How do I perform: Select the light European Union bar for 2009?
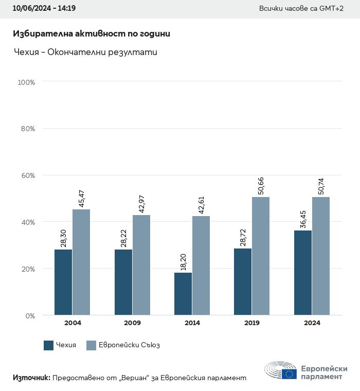tap(141, 265)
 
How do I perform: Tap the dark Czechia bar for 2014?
tap(183, 294)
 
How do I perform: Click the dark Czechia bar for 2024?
tap(303, 273)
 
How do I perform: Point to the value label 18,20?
tap(183, 259)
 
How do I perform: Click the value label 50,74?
tap(321, 185)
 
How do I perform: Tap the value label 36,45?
tap(303, 218)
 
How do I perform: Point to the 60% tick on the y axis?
tap(27, 175)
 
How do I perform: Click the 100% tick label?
tap(26, 82)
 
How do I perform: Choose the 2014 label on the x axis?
tap(192, 323)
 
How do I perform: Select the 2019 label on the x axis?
tap(252, 323)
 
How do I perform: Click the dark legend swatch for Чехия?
tap(49, 345)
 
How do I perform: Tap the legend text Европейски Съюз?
tap(129, 345)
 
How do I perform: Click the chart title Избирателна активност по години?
tap(91, 34)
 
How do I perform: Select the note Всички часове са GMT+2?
tap(302, 9)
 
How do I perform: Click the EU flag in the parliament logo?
tap(289, 373)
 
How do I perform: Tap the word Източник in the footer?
tap(31, 378)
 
